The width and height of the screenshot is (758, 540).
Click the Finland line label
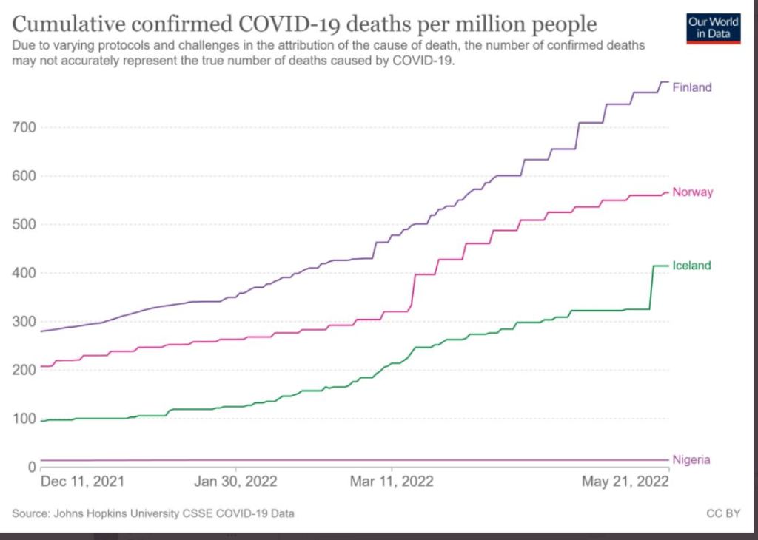pos(691,87)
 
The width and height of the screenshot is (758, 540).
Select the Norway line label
pos(692,192)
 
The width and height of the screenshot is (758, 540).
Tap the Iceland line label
pos(691,266)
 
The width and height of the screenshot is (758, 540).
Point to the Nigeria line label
pos(691,460)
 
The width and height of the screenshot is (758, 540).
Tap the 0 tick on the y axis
pos(33,467)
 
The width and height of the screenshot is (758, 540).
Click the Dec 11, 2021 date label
pos(82,482)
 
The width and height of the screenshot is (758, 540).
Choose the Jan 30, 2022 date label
pos(235,482)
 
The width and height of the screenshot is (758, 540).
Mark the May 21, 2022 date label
pos(625,482)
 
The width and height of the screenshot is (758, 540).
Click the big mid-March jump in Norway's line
pos(412,290)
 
